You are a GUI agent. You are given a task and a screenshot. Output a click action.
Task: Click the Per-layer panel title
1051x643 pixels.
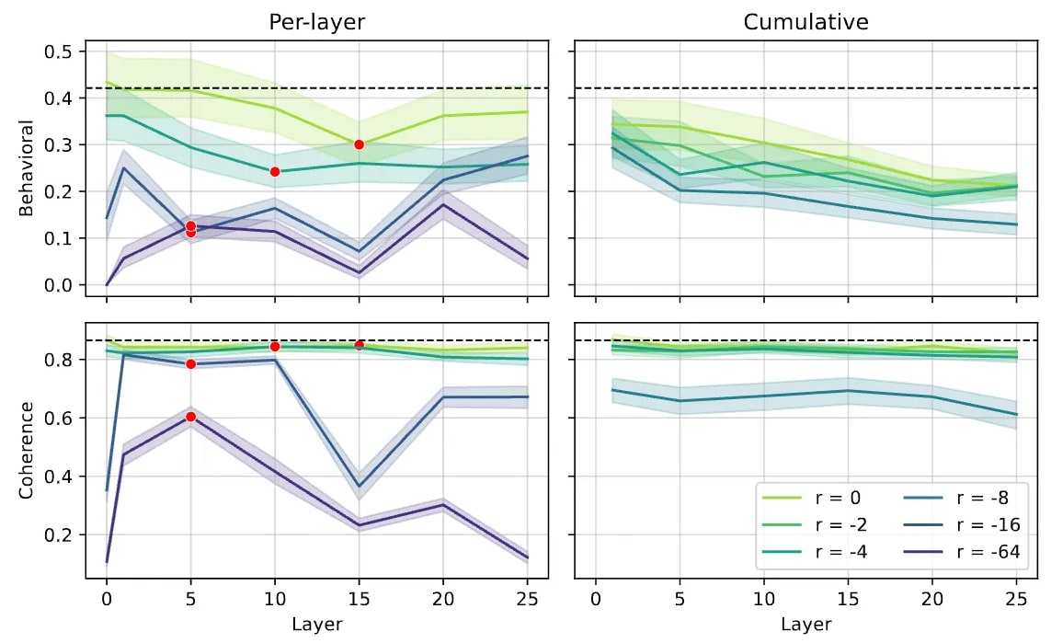[x=316, y=22]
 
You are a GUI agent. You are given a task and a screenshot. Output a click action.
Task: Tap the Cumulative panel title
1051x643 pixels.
[x=805, y=22]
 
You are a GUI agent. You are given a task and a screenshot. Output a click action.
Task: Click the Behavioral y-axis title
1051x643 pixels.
[x=27, y=167]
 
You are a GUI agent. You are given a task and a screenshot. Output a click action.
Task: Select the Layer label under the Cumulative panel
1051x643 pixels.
[x=805, y=625]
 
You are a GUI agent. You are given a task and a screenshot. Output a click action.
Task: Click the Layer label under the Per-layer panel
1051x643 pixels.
[x=316, y=625]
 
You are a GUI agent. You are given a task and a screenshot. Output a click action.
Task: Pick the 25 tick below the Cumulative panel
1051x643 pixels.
[x=1016, y=601]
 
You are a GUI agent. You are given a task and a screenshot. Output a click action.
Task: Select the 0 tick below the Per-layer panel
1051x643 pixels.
[x=107, y=601]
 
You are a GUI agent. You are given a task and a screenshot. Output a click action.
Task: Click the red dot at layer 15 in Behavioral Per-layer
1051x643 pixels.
[x=359, y=144]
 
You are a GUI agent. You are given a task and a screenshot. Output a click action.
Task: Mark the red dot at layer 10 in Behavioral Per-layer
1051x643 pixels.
[x=275, y=172]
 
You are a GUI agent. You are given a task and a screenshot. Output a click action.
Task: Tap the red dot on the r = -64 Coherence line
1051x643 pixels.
[x=190, y=417]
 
